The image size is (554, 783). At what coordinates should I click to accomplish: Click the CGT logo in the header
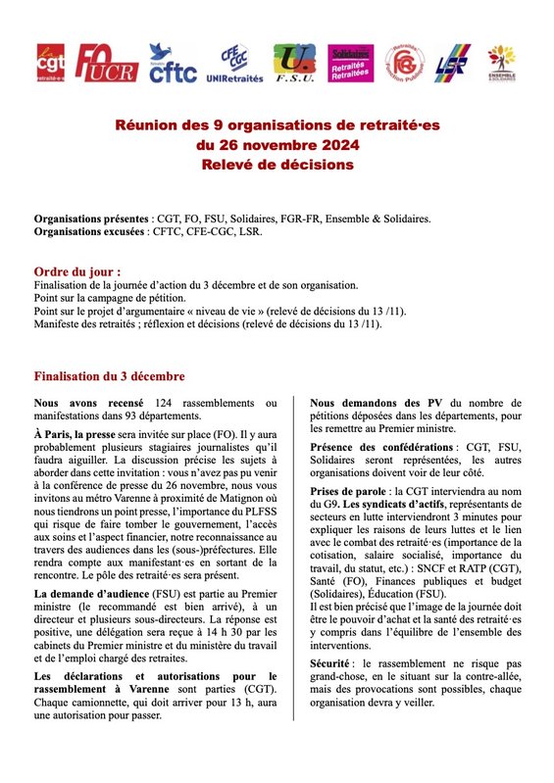click(49, 64)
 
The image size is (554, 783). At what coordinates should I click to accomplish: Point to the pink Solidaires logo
click(351, 64)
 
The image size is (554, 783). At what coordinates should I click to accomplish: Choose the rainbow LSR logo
click(452, 65)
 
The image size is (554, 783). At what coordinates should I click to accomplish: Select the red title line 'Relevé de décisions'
click(277, 164)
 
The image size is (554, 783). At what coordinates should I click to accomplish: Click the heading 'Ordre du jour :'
click(77, 270)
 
